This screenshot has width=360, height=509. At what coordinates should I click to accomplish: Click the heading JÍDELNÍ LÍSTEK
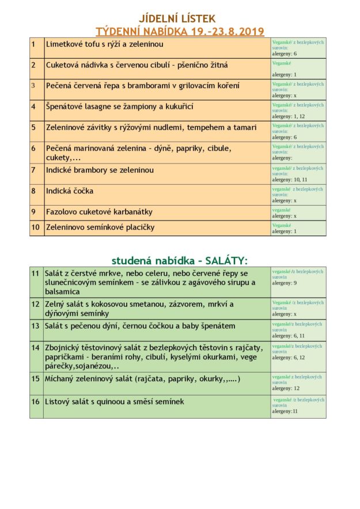(177, 19)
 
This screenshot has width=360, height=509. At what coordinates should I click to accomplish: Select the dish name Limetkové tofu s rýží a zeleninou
(104, 44)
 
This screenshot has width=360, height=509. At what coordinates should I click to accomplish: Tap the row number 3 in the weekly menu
(33, 85)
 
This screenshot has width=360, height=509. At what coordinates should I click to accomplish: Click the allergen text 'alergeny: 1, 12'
(289, 116)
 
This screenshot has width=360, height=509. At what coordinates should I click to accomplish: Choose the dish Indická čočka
(70, 191)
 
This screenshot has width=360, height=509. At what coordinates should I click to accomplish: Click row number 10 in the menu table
(36, 227)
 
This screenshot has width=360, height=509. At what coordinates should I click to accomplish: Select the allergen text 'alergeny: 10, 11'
(290, 180)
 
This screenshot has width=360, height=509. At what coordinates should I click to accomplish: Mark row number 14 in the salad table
(36, 347)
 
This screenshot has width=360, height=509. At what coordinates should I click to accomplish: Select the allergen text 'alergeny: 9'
(285, 283)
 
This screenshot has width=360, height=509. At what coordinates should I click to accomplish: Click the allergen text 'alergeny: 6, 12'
(289, 357)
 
